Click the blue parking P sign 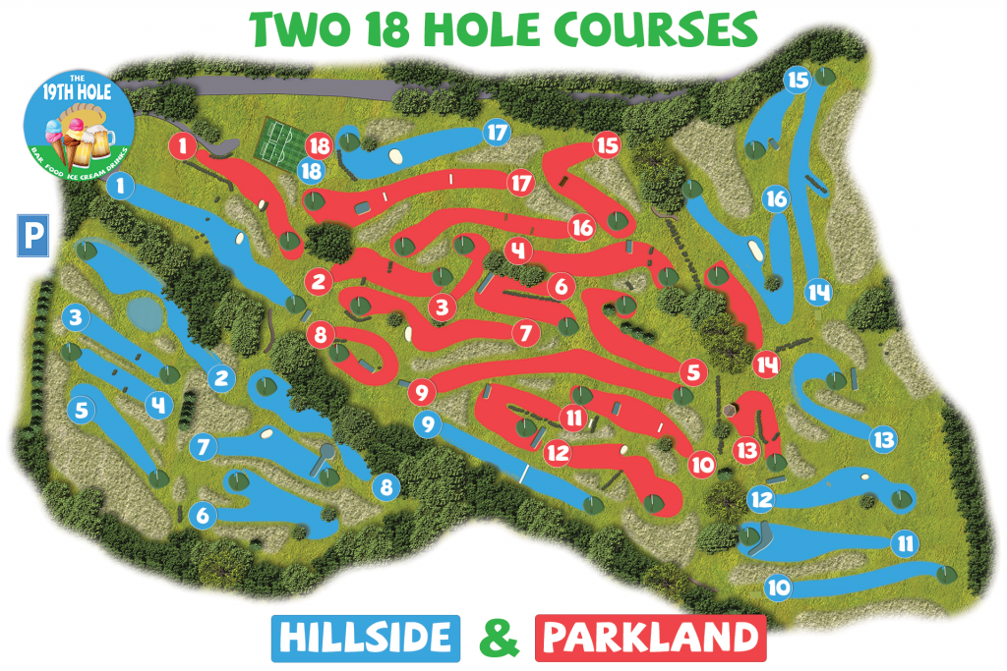click(x=32, y=237)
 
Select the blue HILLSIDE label click(x=365, y=639)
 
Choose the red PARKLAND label click(x=650, y=639)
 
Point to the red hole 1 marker click(x=182, y=147)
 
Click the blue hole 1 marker click(x=121, y=185)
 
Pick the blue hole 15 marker click(x=798, y=80)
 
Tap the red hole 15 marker click(x=608, y=145)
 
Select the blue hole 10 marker click(x=778, y=588)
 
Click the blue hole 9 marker click(x=428, y=424)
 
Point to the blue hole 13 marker click(x=883, y=438)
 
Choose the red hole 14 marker click(x=767, y=364)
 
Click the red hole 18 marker click(x=319, y=145)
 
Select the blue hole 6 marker click(x=204, y=514)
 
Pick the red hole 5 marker click(x=693, y=372)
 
